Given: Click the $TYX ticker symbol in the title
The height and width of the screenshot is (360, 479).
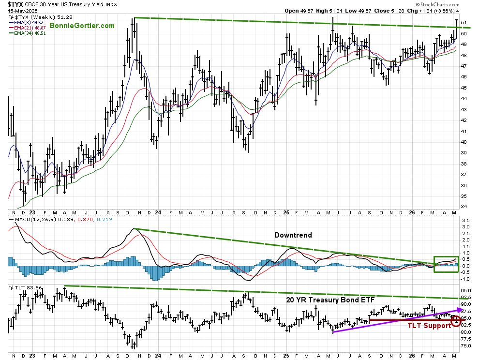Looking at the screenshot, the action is coord(15,4).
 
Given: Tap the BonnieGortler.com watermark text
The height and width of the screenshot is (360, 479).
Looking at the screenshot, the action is coord(82,26).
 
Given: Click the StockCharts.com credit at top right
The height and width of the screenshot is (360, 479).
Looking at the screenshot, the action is coord(437,4).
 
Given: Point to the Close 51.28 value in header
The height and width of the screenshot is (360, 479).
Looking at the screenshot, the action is coord(389,11).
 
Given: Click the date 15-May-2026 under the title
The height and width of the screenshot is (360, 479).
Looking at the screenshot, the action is coord(21,11).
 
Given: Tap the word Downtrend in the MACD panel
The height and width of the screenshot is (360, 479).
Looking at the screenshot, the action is coord(293,235).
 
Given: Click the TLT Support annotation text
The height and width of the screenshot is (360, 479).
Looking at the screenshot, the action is coord(429,326).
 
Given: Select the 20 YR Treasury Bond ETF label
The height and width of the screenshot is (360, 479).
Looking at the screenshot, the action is coord(330,300).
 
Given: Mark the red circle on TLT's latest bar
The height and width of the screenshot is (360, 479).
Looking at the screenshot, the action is coord(456,321).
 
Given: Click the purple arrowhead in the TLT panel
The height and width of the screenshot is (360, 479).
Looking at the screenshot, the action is coord(459,310).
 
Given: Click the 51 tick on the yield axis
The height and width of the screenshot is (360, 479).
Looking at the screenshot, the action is coord(464,23).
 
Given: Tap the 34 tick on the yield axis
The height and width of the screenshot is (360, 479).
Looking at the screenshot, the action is coord(464,207).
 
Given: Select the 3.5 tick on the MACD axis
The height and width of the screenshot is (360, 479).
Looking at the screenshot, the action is coord(466,220).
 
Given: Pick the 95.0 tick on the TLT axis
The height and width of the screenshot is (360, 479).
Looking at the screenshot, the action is coord(466,291).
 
